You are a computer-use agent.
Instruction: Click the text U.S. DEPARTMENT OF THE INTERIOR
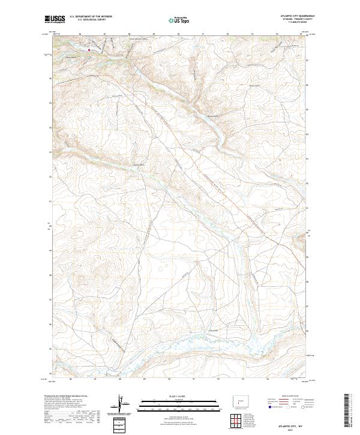click(91, 17)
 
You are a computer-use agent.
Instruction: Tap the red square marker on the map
click(90, 49)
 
